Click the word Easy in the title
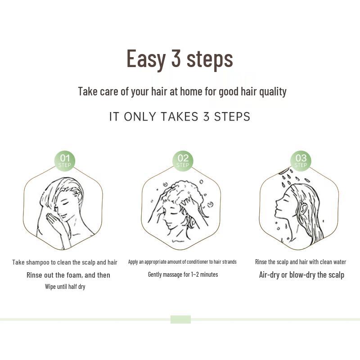point(146,59)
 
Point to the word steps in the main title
point(210,59)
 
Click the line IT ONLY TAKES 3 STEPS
point(180,117)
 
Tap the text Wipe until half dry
point(65,287)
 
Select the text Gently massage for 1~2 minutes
point(183,274)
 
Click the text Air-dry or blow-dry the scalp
point(301,274)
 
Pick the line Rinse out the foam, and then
point(68,274)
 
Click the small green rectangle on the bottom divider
point(180,319)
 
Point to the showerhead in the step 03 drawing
point(283,171)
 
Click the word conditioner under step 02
point(199,262)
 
